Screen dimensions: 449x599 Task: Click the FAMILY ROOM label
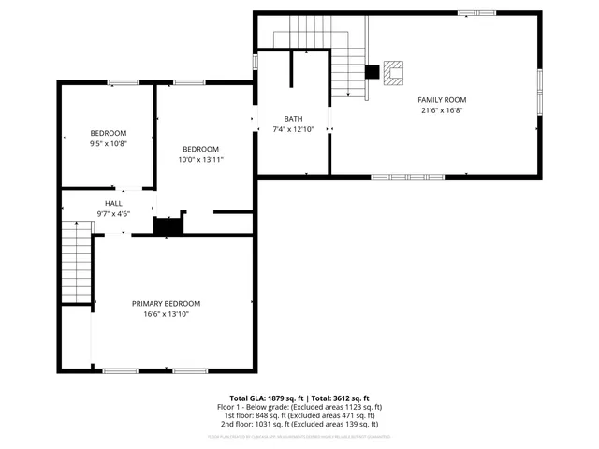point(443,100)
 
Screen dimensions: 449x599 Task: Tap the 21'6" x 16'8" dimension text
point(443,110)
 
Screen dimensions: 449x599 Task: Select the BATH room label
point(293,119)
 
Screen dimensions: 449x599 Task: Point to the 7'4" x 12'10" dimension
point(293,129)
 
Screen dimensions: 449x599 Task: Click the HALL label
point(113,203)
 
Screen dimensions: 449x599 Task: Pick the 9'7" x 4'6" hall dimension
point(113,214)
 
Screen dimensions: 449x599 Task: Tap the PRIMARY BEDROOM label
point(166,303)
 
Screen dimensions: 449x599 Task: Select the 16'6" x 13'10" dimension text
point(166,314)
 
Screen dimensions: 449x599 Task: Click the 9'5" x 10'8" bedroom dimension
point(108,143)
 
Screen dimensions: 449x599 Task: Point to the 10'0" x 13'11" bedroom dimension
point(200,160)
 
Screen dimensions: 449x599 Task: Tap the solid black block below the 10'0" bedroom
point(168,225)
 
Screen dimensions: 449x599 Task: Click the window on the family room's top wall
point(477,12)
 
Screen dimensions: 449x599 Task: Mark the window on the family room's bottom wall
point(394,176)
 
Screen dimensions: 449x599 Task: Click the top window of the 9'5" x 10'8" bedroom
point(123,82)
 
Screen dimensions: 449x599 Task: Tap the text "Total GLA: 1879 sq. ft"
point(265,398)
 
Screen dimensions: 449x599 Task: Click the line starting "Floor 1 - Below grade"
point(299,407)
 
